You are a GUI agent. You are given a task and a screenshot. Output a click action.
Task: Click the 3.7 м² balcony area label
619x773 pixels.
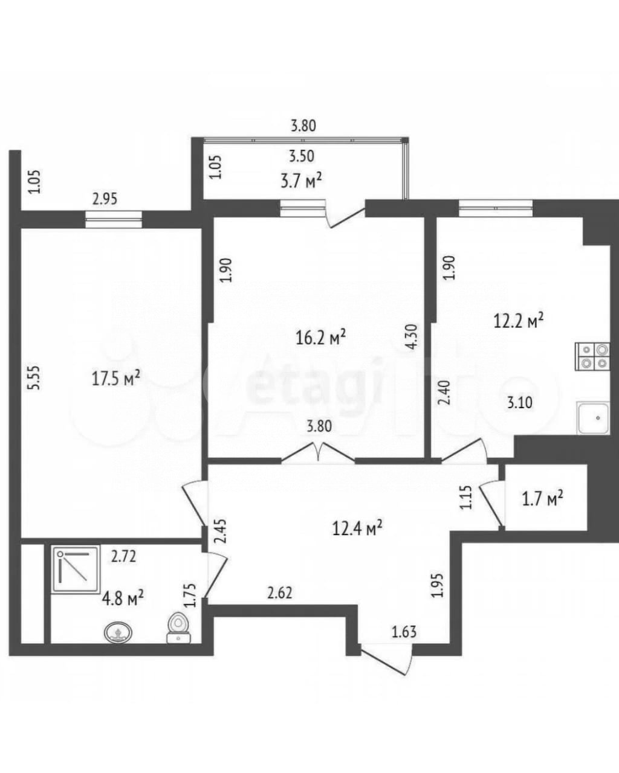point(300,181)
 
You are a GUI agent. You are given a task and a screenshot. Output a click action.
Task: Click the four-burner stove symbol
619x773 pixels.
point(593,356)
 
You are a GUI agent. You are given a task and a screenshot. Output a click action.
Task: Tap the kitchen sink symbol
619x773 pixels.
point(593,418)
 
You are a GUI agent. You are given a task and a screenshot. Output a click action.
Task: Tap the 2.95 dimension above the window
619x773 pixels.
point(104,198)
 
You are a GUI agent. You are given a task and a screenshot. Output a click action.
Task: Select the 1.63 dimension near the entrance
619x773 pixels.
point(404,632)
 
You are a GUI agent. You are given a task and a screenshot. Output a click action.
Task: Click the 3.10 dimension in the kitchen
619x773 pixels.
point(519,403)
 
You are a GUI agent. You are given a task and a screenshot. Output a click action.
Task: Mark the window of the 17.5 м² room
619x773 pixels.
point(114,219)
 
